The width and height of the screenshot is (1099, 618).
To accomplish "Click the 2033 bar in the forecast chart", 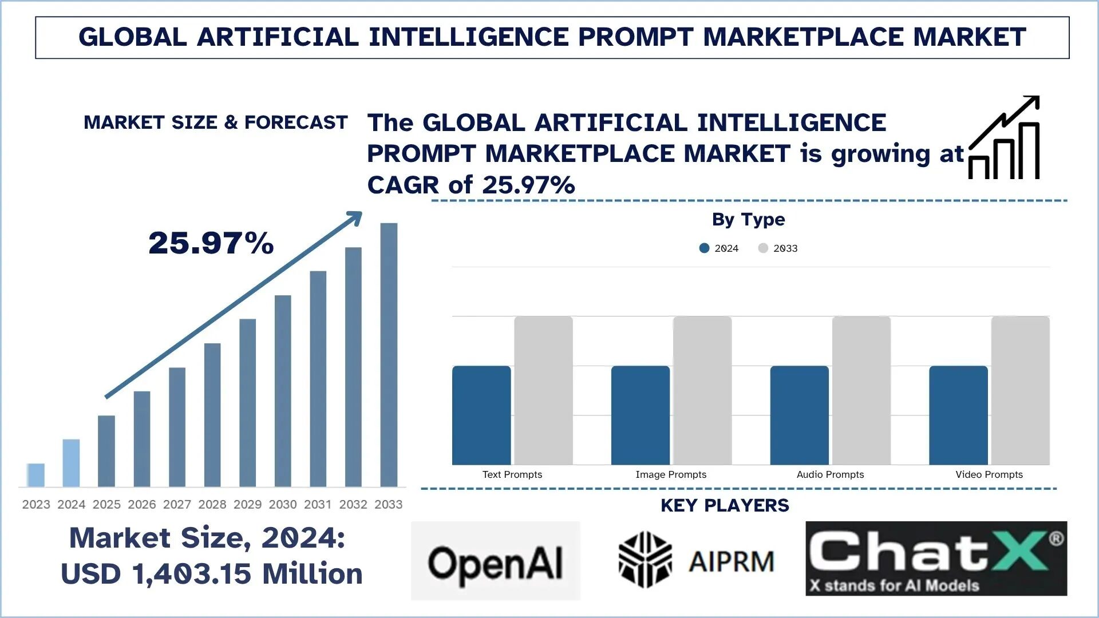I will tap(389, 355).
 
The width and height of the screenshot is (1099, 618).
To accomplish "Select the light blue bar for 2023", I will tap(35, 475).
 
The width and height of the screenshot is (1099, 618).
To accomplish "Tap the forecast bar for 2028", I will tap(212, 415).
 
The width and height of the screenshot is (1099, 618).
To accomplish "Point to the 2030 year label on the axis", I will tap(283, 504).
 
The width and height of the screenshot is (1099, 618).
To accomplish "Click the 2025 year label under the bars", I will tap(106, 504).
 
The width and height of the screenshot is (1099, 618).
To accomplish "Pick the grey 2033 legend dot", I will tap(763, 248).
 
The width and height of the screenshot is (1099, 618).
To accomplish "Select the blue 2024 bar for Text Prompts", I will tap(481, 415).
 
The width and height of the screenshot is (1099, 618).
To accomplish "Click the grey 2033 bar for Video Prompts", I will tap(1020, 390).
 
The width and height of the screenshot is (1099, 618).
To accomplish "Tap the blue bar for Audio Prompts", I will tap(799, 415).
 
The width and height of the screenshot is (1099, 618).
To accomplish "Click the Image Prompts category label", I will tap(671, 474).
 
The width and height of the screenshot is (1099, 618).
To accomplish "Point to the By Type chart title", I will tap(748, 219).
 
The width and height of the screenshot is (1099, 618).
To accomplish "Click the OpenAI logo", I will tap(496, 561).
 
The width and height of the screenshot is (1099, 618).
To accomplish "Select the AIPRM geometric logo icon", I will tap(645, 560).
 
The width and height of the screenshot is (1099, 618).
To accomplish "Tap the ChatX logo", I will tap(936, 558).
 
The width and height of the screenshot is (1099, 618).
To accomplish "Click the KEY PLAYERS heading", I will tap(725, 505).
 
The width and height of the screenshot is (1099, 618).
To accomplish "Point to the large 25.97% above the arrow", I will tap(211, 243).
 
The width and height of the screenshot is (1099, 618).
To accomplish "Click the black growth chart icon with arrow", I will tap(1005, 138).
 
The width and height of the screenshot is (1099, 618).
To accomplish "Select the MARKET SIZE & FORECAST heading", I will tap(215, 122).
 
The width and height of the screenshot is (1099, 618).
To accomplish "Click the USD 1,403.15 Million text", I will tap(212, 574).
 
